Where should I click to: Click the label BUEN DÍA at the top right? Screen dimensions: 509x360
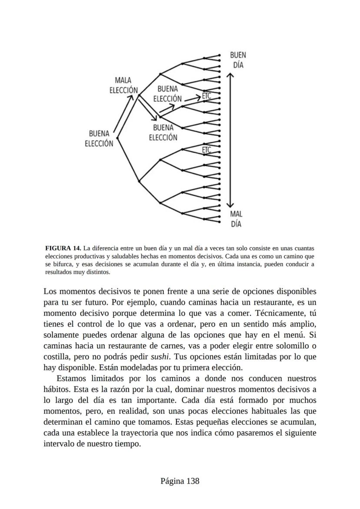coord(238,60)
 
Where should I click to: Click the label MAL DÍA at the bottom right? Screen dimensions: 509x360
coord(236,219)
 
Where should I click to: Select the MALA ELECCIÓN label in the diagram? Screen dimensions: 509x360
coord(123,85)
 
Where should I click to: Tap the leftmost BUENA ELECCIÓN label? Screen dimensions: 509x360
coord(99,138)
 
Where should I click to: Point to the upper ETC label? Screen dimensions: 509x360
coord(206,95)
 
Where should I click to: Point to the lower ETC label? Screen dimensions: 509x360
coord(207,150)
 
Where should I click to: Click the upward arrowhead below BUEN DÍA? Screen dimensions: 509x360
coord(231,75)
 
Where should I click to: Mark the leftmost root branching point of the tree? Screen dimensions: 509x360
coord(117,138)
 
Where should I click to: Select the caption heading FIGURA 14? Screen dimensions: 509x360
coord(63,248)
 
